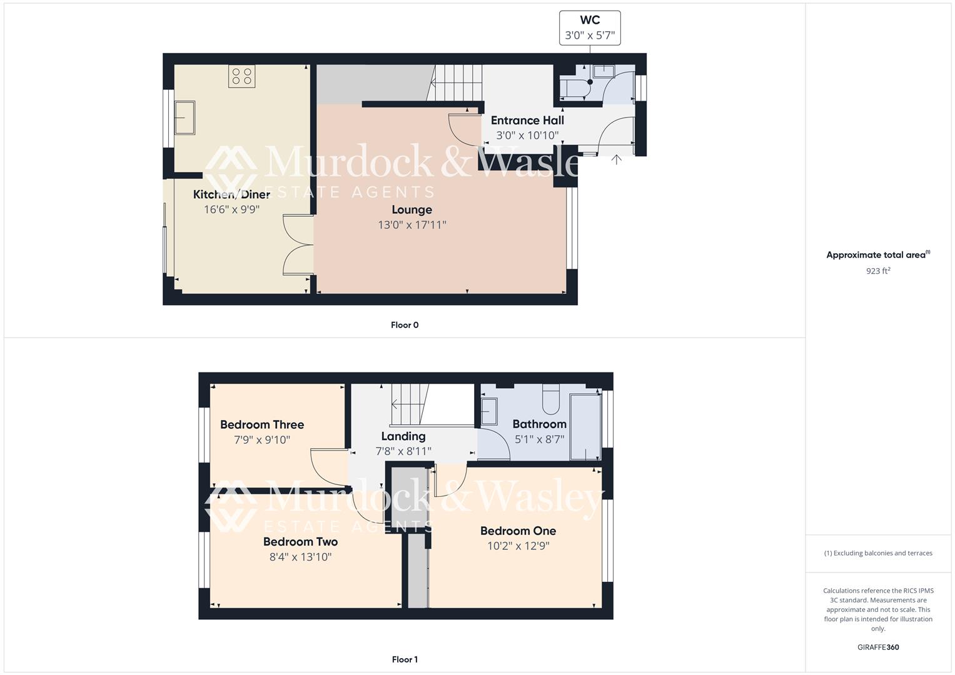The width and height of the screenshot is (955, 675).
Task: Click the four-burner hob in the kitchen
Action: (241, 76)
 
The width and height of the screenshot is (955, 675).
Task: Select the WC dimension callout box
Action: (590, 28)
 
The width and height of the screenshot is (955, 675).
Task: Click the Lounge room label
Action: (412, 209)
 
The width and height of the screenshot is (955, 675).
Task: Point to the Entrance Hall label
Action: (527, 121)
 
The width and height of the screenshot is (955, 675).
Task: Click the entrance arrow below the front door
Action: (616, 159)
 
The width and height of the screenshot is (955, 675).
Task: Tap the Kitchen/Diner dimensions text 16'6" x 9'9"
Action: (231, 209)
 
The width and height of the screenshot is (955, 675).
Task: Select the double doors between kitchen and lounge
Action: (298, 244)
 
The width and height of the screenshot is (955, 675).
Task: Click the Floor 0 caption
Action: (405, 325)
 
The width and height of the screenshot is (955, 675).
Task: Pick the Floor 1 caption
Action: (405, 659)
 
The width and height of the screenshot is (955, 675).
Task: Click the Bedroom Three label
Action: (262, 425)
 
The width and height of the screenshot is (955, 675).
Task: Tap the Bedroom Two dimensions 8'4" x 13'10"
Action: (300, 557)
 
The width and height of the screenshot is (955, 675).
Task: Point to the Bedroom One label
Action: (518, 531)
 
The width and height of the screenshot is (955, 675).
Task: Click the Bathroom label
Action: (539, 424)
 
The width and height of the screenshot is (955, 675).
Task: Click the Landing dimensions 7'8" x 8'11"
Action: (403, 451)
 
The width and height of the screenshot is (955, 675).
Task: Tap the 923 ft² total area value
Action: (878, 271)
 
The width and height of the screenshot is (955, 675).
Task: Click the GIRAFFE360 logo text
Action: (878, 647)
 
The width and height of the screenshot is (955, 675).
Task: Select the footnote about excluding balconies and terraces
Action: (878, 553)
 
